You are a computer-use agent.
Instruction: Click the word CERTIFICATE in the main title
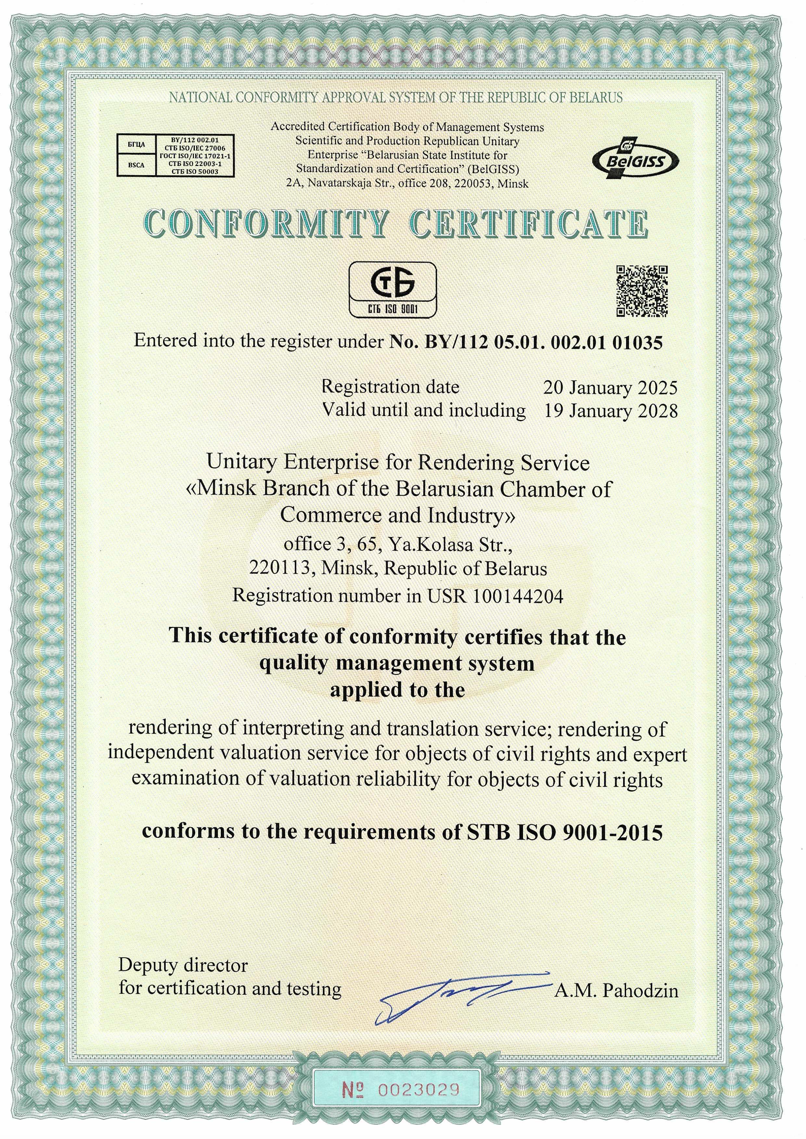[530, 224]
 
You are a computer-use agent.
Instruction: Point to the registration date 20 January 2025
[610, 387]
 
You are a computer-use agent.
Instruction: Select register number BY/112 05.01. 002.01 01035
[526, 342]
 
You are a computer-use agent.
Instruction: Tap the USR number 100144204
[518, 596]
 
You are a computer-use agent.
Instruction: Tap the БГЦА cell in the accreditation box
[136, 144]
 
